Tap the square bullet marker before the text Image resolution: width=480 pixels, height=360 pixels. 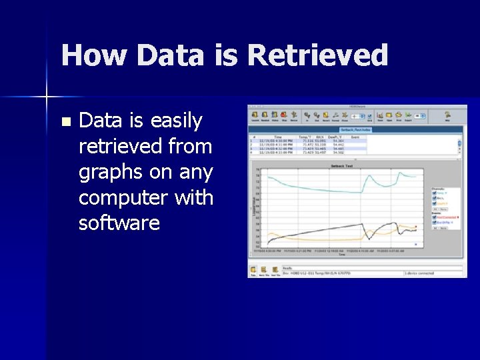[65, 122]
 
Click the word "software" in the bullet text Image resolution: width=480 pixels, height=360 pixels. [119, 223]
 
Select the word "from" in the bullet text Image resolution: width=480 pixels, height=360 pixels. [191, 146]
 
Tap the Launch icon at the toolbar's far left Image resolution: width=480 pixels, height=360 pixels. [254, 115]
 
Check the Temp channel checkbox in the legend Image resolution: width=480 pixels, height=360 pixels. [434, 191]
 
